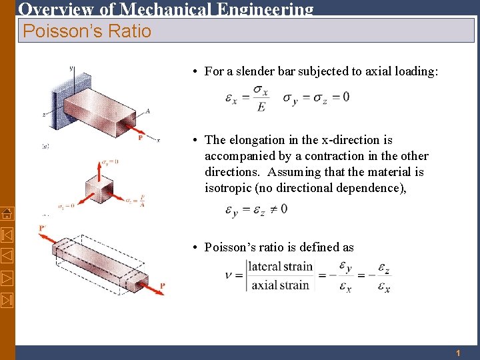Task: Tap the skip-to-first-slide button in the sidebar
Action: click(x=7, y=235)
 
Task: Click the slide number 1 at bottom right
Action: click(x=458, y=353)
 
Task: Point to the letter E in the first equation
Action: click(x=261, y=107)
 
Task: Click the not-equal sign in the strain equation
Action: click(x=271, y=209)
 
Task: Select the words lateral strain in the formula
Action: click(x=280, y=267)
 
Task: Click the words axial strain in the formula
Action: click(x=280, y=285)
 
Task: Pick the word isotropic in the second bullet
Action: click(x=229, y=188)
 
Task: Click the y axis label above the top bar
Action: click(x=71, y=67)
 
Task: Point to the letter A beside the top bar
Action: click(x=147, y=111)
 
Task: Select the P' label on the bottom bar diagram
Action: click(x=43, y=228)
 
